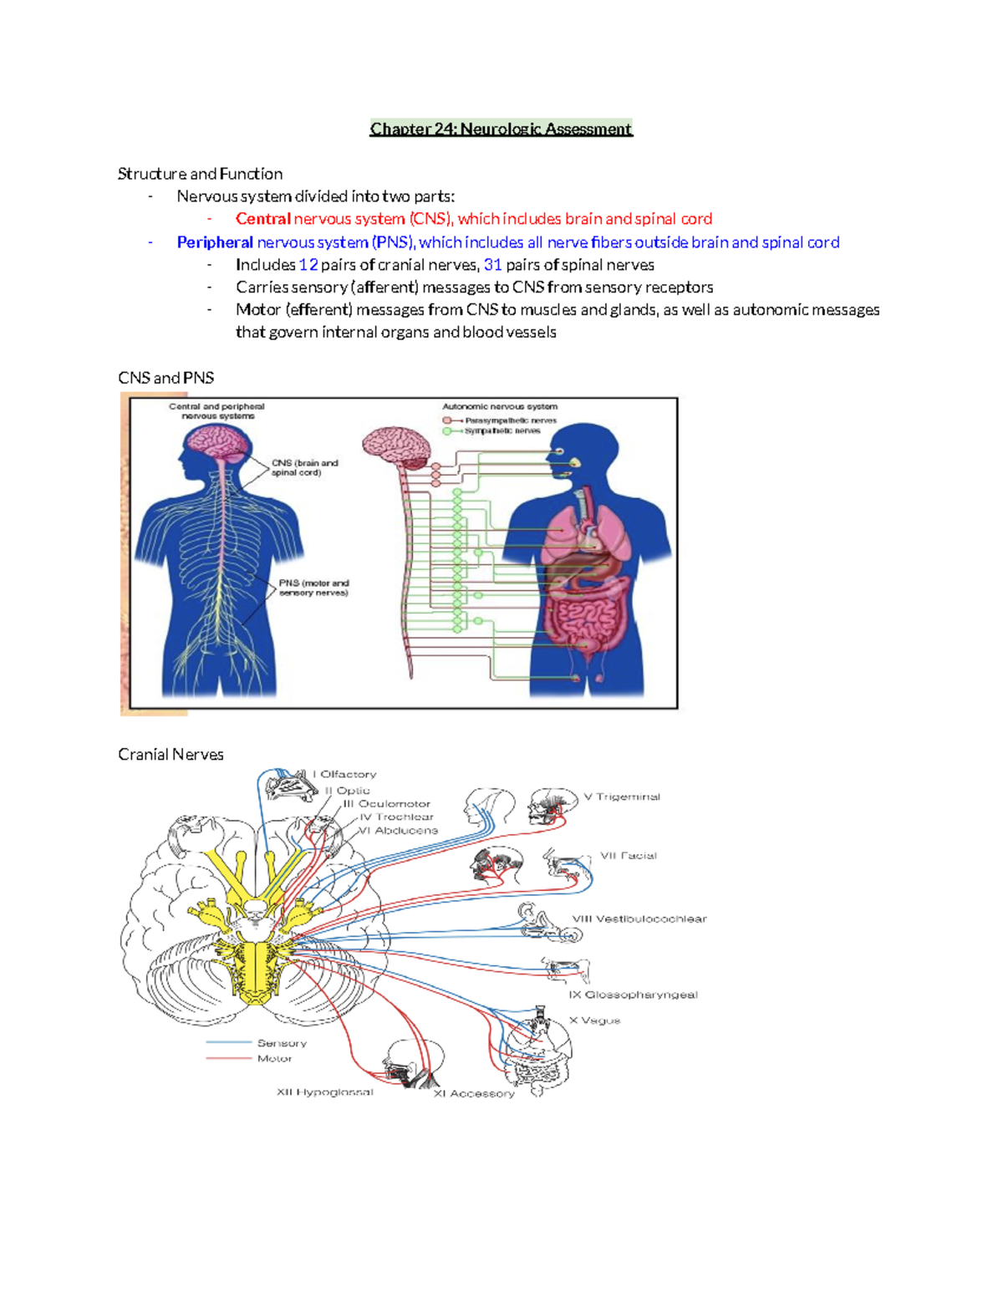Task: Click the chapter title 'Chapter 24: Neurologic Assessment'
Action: pos(501,129)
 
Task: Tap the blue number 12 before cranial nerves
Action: pos(308,265)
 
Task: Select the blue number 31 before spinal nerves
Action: pos(493,265)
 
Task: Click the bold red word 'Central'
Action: pos(262,219)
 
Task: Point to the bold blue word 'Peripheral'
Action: pos(215,242)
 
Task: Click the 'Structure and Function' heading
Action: pos(200,174)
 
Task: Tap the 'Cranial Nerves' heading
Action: pos(171,755)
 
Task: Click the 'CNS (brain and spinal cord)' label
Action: pos(304,467)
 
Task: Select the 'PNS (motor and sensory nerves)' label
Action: pos(313,588)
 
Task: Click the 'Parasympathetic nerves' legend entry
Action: pos(510,420)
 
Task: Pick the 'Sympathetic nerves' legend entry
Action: pos(502,431)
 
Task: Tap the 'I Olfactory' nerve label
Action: pos(344,775)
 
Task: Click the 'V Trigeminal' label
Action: pos(622,797)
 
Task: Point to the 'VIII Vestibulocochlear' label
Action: pos(639,919)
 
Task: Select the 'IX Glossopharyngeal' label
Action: pos(633,995)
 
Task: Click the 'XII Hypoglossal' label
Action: pos(325,1092)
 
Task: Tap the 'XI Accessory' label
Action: pos(474,1094)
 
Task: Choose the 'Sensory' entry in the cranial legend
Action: pos(282,1044)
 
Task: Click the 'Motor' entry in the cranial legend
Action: pos(274,1059)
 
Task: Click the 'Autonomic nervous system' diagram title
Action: pos(500,407)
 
